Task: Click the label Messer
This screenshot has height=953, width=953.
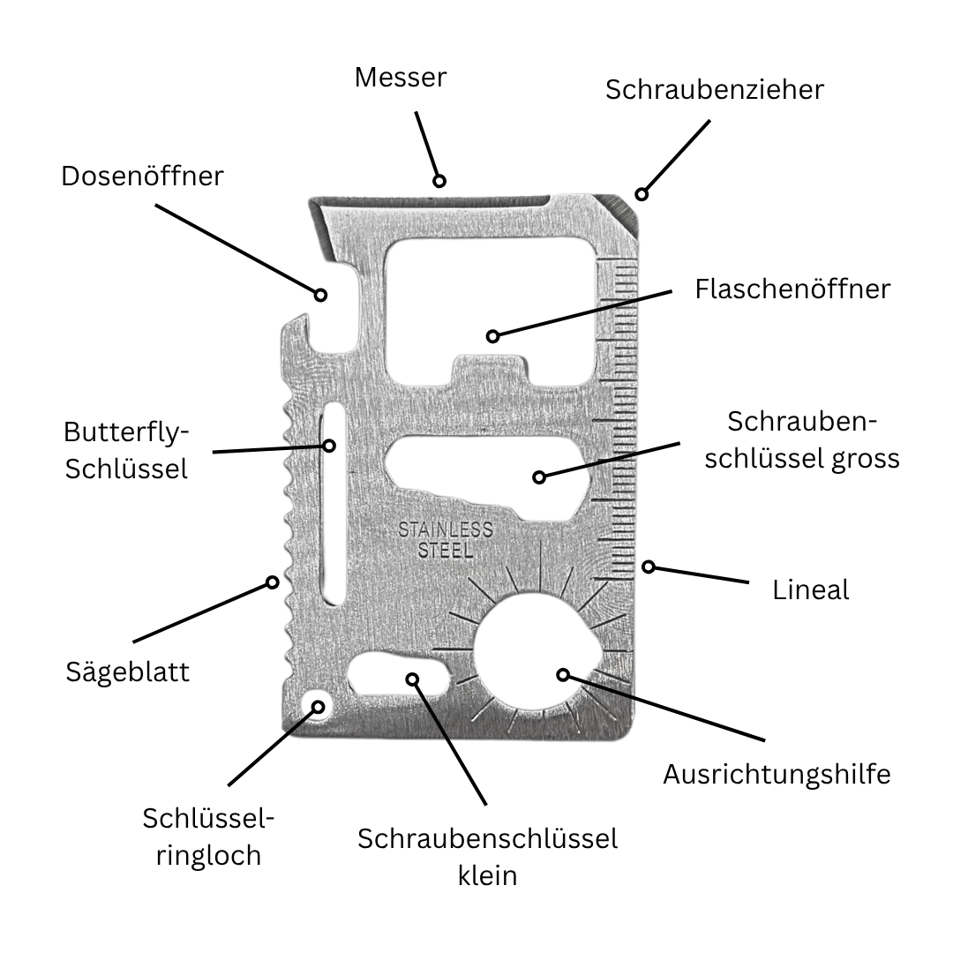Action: click(x=401, y=78)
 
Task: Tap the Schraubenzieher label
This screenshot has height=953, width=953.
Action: click(x=715, y=90)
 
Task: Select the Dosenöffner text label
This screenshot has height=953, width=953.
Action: click(x=142, y=176)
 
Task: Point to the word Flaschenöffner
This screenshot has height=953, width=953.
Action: click(x=792, y=289)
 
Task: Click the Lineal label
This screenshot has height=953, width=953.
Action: click(x=811, y=590)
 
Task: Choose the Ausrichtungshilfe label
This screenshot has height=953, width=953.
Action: click(x=777, y=775)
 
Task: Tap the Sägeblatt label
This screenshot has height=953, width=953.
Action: click(x=128, y=672)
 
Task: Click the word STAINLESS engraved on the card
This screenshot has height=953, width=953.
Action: click(x=446, y=530)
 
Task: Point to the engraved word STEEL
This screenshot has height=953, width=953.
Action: click(x=446, y=552)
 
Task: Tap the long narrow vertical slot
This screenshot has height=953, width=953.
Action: click(x=333, y=504)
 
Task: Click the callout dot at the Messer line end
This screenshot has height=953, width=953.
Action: click(x=439, y=181)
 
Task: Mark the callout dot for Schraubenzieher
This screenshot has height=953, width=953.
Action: click(x=642, y=194)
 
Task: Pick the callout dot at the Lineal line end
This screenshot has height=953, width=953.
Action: click(x=649, y=567)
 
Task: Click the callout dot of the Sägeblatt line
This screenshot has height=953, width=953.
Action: click(x=273, y=583)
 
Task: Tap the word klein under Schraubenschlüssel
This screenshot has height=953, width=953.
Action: click(x=487, y=876)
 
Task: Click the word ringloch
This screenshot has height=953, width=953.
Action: click(x=208, y=856)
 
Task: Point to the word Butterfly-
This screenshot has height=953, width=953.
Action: click(x=126, y=433)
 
